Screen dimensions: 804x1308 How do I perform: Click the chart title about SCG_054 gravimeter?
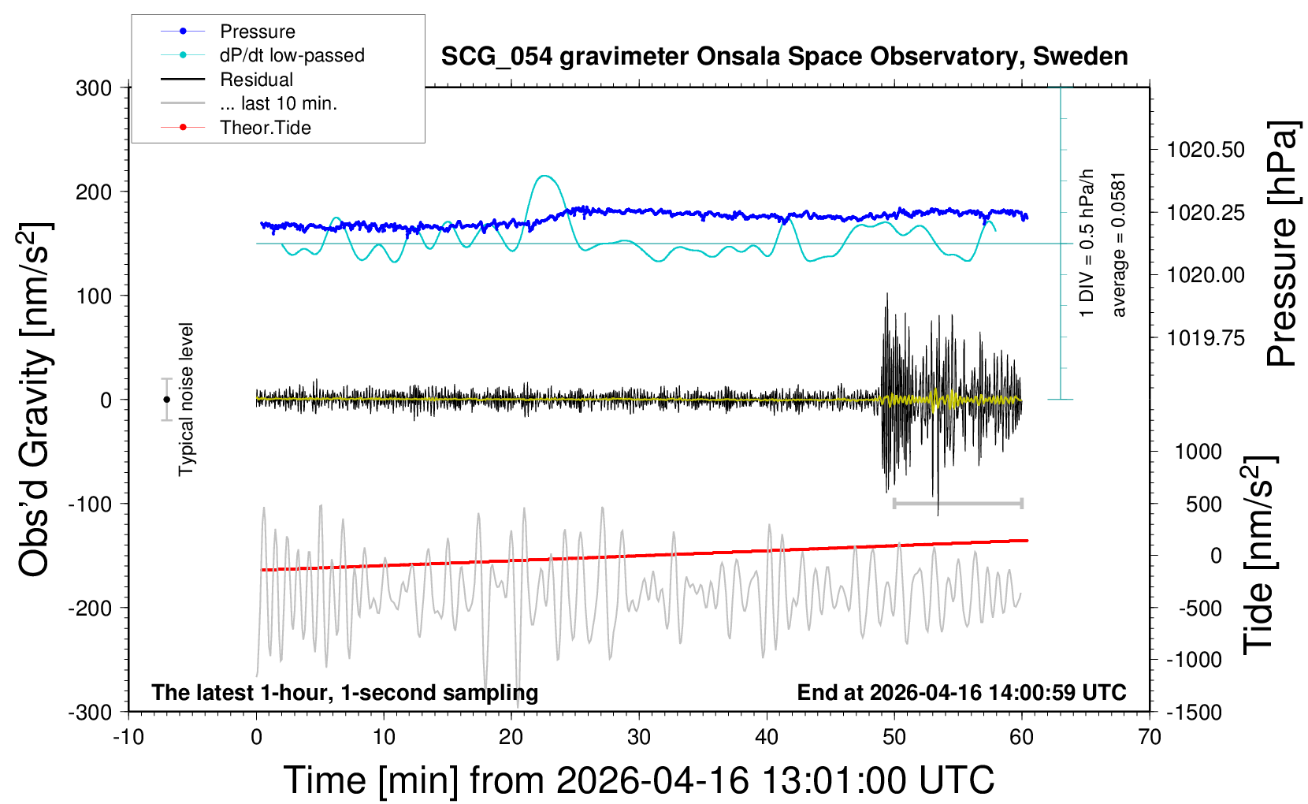point(784,57)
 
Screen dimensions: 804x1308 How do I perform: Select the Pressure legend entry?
point(257,32)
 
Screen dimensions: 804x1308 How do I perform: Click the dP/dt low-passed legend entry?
point(292,55)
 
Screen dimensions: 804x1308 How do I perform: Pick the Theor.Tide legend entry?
point(265,128)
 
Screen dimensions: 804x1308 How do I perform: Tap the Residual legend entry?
point(256,80)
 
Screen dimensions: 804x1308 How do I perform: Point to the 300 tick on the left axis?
point(94,88)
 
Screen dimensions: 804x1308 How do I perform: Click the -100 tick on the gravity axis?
point(90,504)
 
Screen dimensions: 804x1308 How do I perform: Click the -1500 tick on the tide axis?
point(1194,712)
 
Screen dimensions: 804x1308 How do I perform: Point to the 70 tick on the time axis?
point(1150,737)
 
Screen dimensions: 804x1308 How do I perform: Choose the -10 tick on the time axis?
point(128,737)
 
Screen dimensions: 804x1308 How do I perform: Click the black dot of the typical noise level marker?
point(166,400)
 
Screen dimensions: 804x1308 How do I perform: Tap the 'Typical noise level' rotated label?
point(186,399)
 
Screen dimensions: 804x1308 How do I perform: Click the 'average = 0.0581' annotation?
point(1119,244)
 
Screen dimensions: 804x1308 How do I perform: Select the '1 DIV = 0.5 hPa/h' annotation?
point(1087,243)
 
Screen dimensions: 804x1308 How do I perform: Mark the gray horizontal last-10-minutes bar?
point(957,503)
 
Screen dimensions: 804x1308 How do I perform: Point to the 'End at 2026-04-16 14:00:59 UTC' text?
point(961,693)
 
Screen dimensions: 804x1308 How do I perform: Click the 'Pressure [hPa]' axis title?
point(1281,244)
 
